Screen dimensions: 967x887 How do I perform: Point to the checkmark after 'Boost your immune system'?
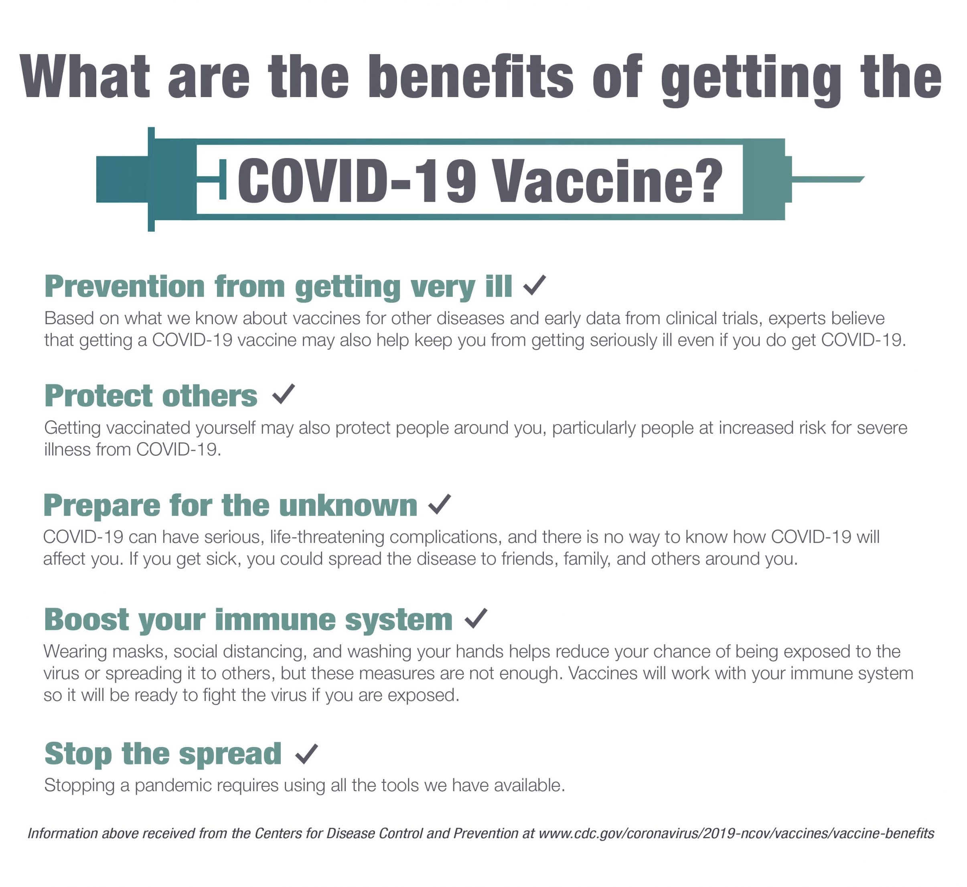tap(476, 618)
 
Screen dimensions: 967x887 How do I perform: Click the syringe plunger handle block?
tap(122, 179)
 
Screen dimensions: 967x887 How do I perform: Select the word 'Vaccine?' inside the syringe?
tap(608, 181)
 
